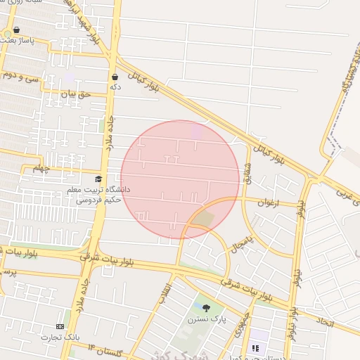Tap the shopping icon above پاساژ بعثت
[x=17, y=31]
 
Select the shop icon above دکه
[x=115, y=77]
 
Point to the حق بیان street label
[x=77, y=94]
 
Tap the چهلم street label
[x=41, y=169]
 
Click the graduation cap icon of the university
[x=98, y=180]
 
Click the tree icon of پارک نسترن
[x=206, y=308]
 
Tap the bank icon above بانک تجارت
[x=60, y=327]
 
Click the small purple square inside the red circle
[x=196, y=131]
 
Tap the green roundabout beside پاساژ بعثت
[x=7, y=33]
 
